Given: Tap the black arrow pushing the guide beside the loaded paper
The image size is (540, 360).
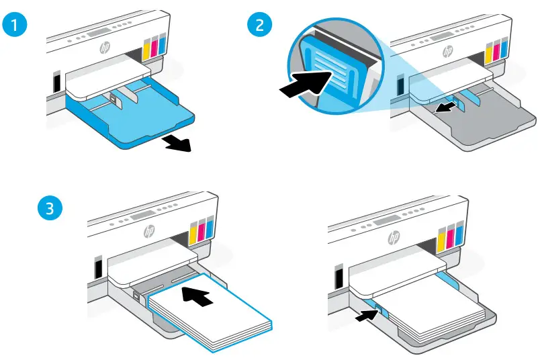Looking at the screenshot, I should click(x=365, y=312).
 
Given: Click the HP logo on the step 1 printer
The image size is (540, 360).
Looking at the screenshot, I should click(x=105, y=48).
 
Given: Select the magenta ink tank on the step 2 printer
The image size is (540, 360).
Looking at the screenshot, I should click(x=498, y=52).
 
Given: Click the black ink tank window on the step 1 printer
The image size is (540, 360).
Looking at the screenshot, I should click(x=56, y=82).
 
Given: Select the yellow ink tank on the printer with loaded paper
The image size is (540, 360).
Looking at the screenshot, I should click(x=441, y=238).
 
